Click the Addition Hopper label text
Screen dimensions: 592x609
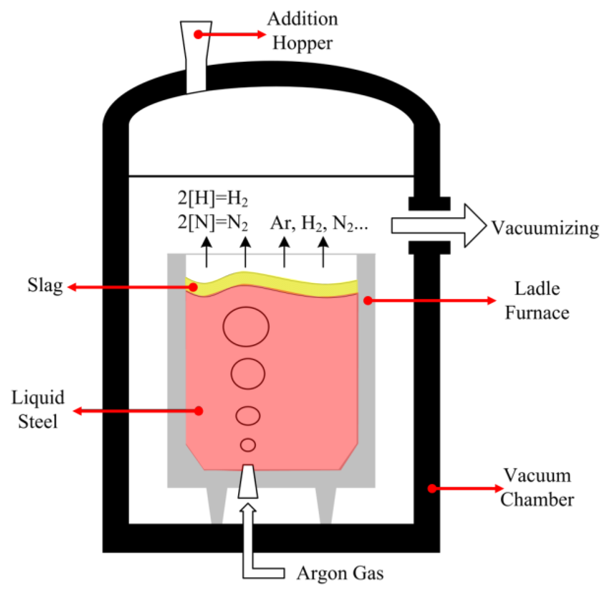tap(302, 31)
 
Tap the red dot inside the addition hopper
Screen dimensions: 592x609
tap(198, 34)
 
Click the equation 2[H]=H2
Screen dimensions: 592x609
tap(212, 198)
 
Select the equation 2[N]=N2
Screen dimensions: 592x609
tap(212, 223)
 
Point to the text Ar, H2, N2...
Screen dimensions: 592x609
tap(318, 224)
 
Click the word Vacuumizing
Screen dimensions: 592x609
tap(545, 228)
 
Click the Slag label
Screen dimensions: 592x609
tap(45, 286)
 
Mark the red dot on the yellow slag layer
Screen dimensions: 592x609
tap(193, 287)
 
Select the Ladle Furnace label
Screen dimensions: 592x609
tap(537, 301)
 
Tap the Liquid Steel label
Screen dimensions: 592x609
tap(38, 409)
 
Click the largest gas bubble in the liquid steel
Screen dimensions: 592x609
tap(246, 326)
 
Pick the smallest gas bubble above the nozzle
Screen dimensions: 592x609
tap(248, 445)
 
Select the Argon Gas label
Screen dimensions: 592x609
tap(340, 574)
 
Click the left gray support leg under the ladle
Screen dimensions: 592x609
tap(217, 506)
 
